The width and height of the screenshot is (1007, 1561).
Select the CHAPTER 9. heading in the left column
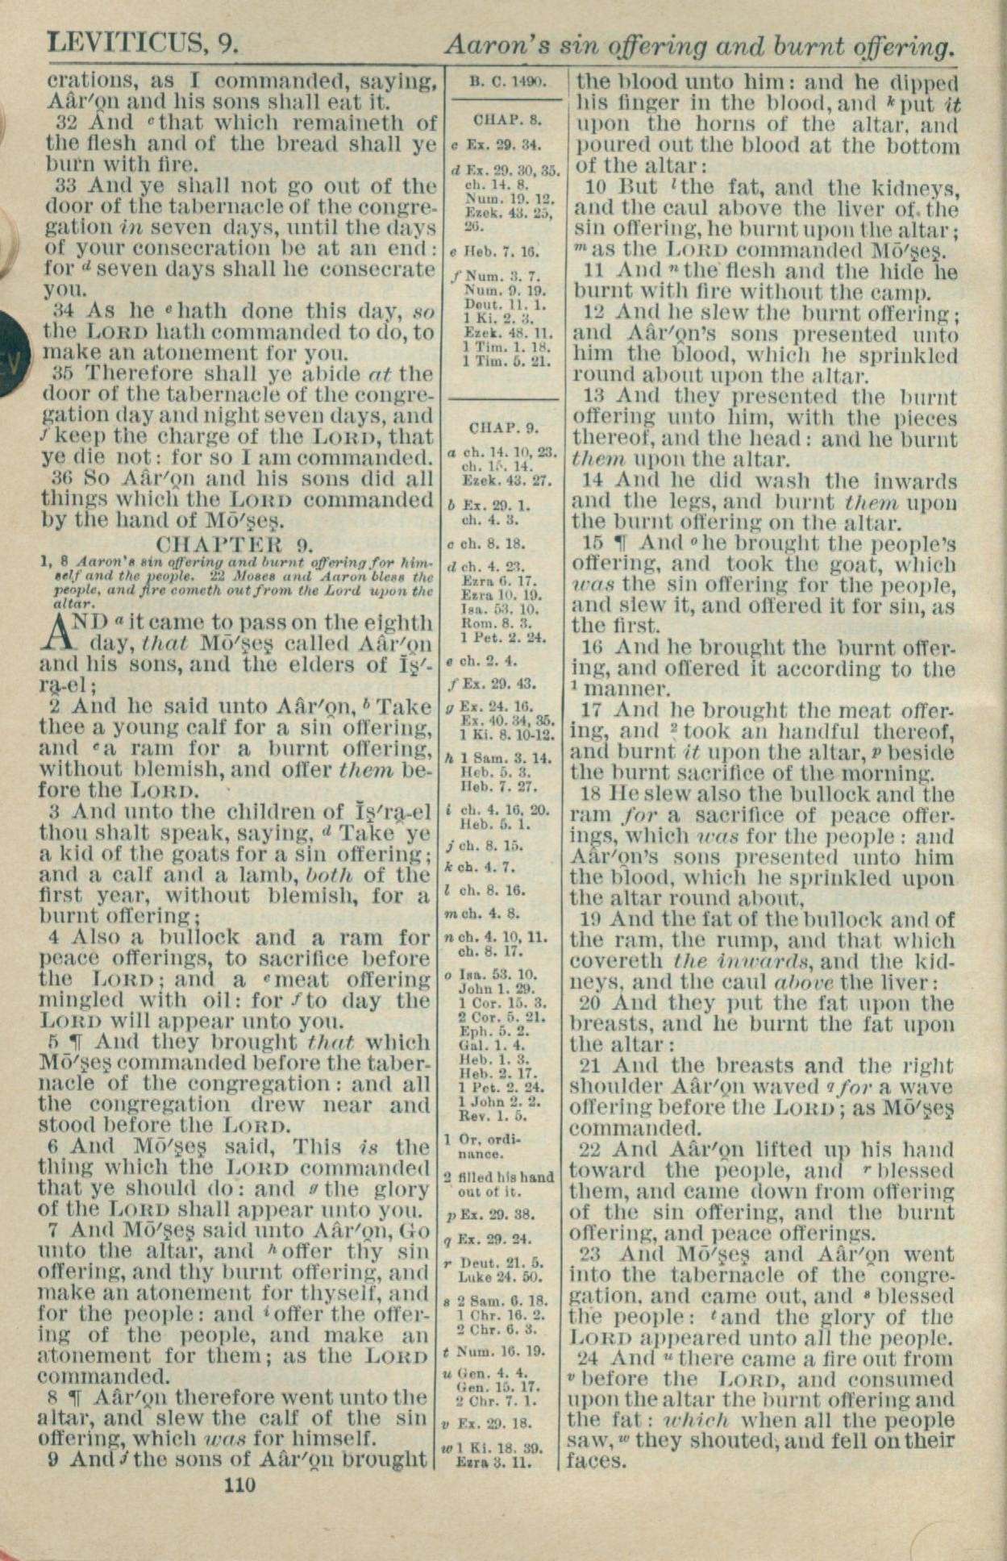(x=235, y=542)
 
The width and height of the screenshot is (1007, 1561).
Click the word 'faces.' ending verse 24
(x=596, y=1460)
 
